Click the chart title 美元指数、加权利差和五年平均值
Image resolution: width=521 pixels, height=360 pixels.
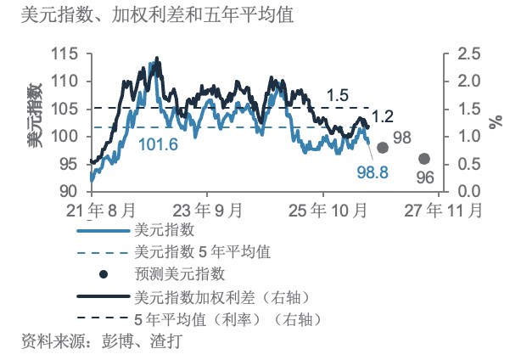157,15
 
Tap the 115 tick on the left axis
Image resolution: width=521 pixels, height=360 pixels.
64,53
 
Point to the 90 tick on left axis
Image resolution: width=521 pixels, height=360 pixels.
69,191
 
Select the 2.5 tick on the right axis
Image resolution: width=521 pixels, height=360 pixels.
469,53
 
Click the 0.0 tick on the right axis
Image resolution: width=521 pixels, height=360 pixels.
469,191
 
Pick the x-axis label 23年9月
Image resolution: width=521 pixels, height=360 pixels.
207,211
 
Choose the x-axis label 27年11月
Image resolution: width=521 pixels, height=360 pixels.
443,211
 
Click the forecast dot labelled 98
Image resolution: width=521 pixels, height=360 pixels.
383,148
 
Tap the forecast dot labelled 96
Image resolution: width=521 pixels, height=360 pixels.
424,159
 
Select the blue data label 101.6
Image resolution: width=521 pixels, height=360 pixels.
158,144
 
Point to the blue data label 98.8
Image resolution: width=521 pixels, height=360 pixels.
373,172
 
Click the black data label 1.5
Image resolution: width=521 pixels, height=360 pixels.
338,95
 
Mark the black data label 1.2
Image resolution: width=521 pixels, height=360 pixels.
383,116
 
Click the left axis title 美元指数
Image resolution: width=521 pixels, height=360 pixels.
35,115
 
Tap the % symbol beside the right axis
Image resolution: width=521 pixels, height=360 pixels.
496,122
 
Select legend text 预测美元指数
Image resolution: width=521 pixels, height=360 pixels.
180,274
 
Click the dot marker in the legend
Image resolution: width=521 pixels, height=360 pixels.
104,274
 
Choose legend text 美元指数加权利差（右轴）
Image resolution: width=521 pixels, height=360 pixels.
221,297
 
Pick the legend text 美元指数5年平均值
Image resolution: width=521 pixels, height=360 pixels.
202,252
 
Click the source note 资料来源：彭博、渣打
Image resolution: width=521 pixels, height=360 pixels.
102,341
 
